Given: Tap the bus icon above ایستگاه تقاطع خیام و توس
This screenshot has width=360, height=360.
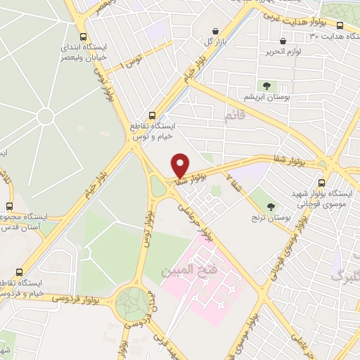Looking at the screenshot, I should pos(152,115).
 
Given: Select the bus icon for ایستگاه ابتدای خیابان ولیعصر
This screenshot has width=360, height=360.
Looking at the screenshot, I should pos(84,37).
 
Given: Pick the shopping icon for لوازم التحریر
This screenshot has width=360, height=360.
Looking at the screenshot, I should pos(283,41).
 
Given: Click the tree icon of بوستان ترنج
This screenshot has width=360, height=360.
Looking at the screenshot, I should pos(271,207).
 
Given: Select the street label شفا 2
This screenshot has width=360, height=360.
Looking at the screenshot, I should pos(231,183).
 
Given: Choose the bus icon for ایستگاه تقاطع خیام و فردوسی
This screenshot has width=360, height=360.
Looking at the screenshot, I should pos(19,272).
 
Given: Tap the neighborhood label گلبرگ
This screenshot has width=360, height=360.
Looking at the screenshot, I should pos(344,276).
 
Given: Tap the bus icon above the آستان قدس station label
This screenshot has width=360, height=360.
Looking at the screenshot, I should pos(9,206).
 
